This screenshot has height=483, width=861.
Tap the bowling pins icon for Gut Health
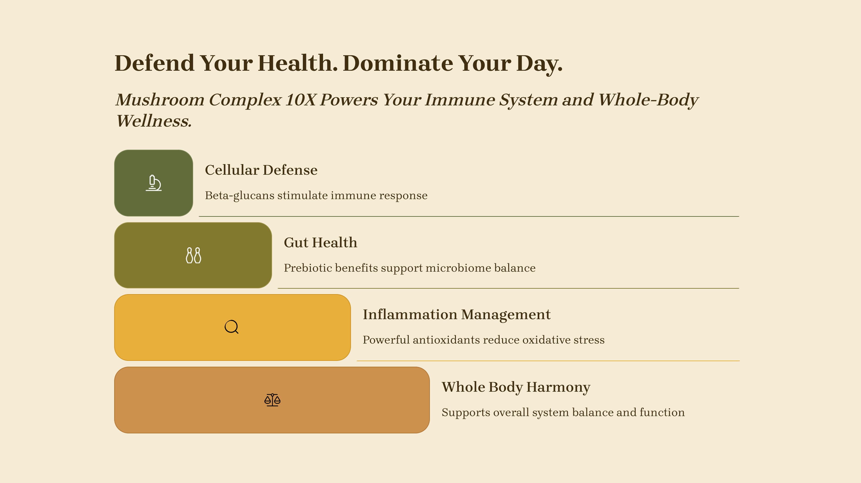(x=193, y=255)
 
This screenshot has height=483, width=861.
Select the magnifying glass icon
(x=231, y=327)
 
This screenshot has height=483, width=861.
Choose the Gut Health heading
(x=320, y=242)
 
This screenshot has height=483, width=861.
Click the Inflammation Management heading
(x=456, y=314)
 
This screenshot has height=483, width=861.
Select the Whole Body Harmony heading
(x=516, y=387)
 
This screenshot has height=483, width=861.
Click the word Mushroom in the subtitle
(x=160, y=100)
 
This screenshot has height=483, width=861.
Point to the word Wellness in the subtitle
(x=154, y=121)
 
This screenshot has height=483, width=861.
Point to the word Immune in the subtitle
(x=460, y=100)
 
